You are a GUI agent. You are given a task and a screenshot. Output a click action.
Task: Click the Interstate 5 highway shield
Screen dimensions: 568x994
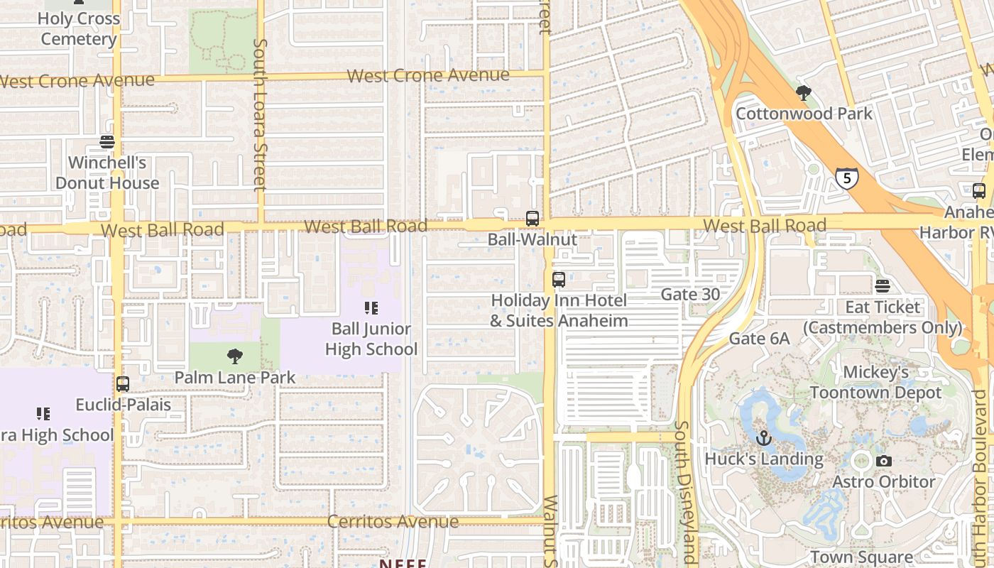pyautogui.click(x=846, y=177)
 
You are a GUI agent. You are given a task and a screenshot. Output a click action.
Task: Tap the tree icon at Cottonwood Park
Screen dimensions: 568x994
pyautogui.click(x=804, y=93)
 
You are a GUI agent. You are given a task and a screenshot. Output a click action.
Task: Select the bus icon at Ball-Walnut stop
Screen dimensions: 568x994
pyautogui.click(x=532, y=219)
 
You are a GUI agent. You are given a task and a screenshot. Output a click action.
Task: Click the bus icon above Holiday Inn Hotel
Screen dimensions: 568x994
pyautogui.click(x=559, y=279)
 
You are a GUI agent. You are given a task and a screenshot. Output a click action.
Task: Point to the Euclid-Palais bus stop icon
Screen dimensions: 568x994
pyautogui.click(x=123, y=384)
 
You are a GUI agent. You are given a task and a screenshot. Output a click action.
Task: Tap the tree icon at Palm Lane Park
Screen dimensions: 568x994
pyautogui.click(x=234, y=356)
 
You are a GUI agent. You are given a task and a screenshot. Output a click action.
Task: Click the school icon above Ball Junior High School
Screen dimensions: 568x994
pyautogui.click(x=371, y=308)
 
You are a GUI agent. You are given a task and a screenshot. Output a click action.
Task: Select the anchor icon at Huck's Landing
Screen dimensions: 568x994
pyautogui.click(x=763, y=438)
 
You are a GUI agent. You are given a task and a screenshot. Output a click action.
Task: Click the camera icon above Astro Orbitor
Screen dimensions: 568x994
pyautogui.click(x=884, y=461)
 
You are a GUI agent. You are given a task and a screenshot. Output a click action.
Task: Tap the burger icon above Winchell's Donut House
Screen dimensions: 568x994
pyautogui.click(x=107, y=142)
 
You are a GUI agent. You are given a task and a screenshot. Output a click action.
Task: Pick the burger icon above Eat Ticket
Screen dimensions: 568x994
pyautogui.click(x=883, y=286)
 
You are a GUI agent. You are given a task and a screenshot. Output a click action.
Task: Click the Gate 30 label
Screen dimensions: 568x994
pyautogui.click(x=690, y=294)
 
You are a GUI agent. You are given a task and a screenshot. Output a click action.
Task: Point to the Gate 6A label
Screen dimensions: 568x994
pyautogui.click(x=759, y=339)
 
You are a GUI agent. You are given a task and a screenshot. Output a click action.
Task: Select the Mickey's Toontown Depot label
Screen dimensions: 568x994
pyautogui.click(x=875, y=382)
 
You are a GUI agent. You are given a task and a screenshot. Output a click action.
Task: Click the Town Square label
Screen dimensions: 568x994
pyautogui.click(x=861, y=557)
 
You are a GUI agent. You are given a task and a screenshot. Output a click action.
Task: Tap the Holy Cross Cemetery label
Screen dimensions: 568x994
pyautogui.click(x=78, y=28)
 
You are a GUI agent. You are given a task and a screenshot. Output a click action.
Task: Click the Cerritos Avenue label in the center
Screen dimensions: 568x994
pyautogui.click(x=393, y=522)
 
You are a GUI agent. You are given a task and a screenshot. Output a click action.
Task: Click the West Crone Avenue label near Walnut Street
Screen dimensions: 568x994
pyautogui.click(x=428, y=75)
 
